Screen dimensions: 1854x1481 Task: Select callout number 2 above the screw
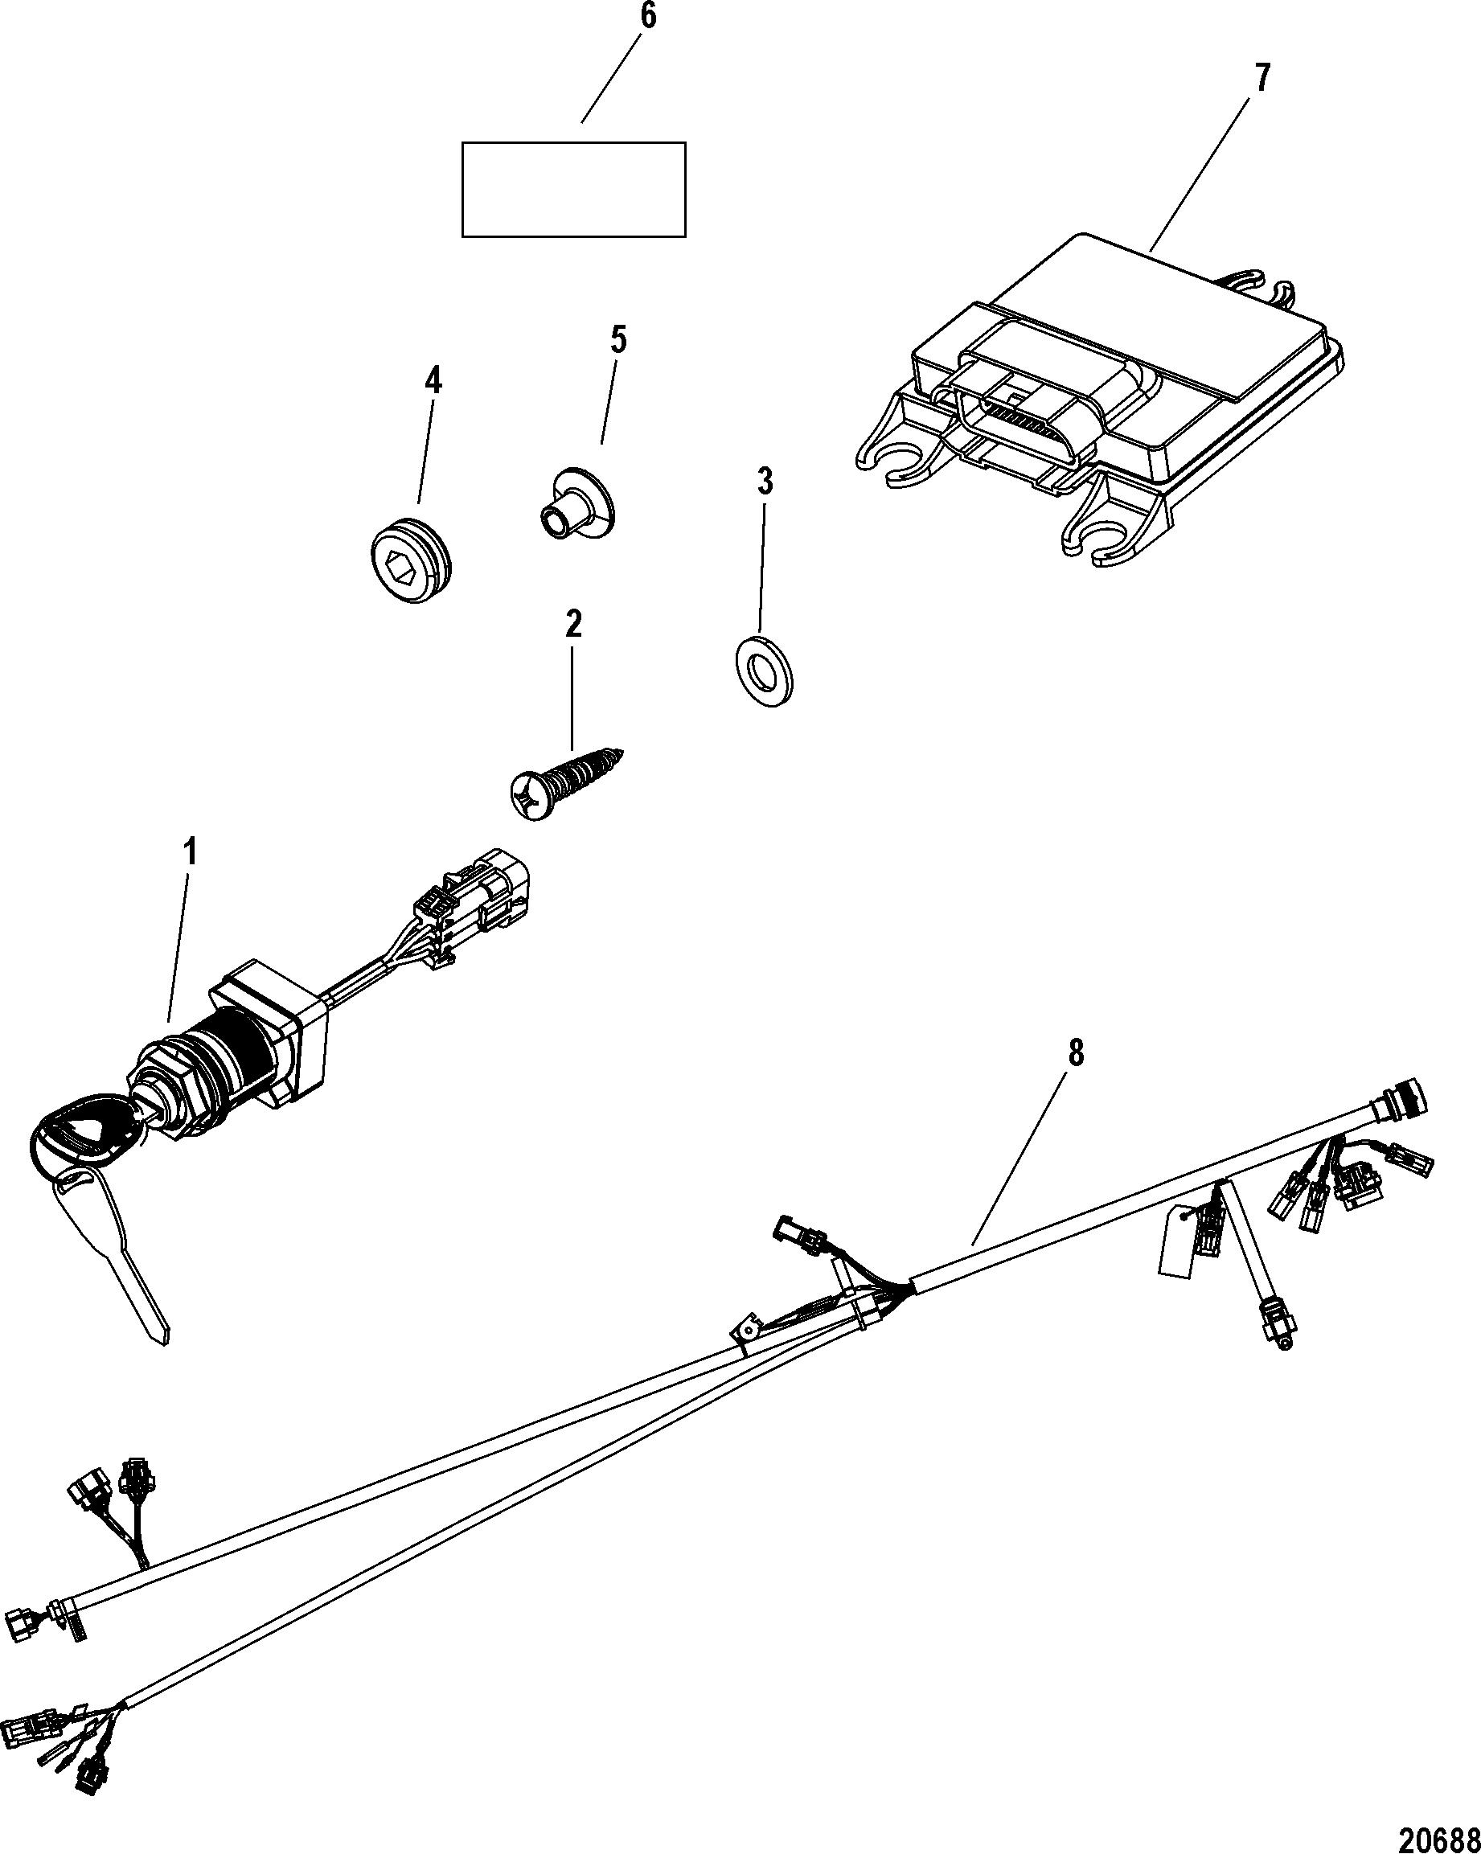(572, 625)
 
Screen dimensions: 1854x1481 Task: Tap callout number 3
(764, 482)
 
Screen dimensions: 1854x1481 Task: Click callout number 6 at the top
(646, 17)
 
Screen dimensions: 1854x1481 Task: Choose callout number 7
(1261, 78)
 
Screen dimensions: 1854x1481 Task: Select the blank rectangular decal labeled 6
(573, 189)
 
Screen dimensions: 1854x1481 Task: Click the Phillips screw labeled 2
(564, 780)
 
